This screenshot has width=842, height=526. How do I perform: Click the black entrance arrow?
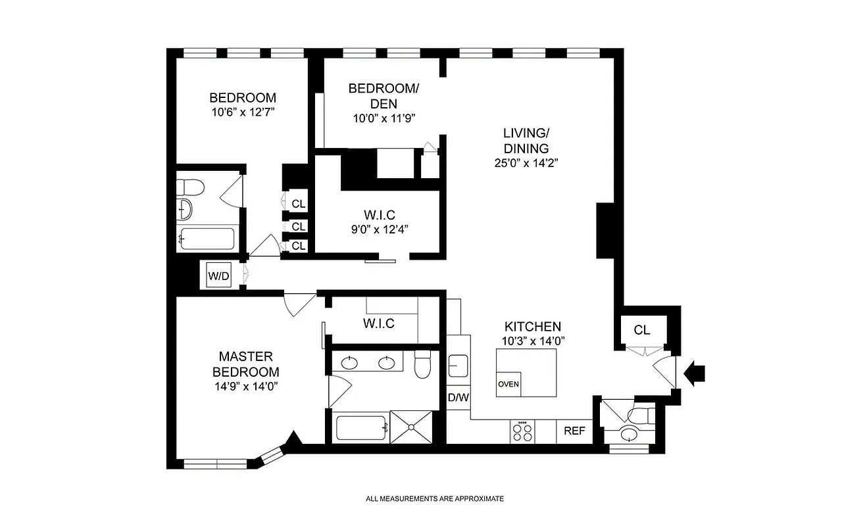click(695, 373)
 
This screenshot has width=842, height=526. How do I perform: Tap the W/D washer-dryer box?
click(218, 275)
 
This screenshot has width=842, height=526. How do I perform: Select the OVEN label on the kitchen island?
click(508, 384)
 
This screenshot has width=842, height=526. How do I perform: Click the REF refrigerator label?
click(574, 431)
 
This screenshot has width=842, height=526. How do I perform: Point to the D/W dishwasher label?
click(458, 398)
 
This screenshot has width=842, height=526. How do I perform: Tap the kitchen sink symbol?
click(458, 364)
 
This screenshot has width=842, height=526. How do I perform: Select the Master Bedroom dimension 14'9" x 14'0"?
click(245, 387)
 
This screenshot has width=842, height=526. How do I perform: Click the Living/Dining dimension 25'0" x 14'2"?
click(526, 163)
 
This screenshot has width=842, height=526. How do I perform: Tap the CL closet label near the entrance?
click(642, 330)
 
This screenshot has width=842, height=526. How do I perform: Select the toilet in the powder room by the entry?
click(641, 416)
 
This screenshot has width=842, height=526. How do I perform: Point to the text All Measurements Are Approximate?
click(435, 498)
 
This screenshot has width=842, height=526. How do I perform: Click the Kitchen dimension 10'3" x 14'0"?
click(533, 341)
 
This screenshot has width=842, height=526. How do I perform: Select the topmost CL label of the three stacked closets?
click(299, 204)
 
